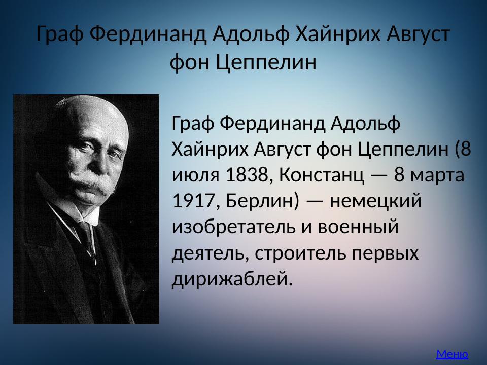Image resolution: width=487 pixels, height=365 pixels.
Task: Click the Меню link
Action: (452, 354)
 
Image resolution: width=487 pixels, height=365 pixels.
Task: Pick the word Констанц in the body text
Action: (322, 176)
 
